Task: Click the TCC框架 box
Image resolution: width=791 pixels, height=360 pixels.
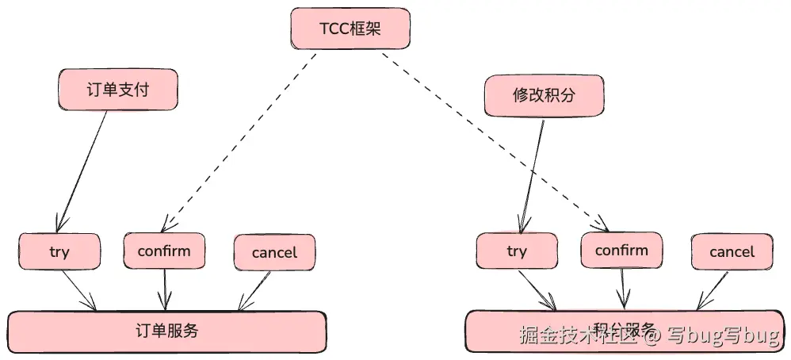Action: click(x=350, y=30)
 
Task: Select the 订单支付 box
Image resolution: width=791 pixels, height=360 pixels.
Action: click(x=117, y=90)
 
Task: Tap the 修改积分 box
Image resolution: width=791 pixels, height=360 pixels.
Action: click(x=544, y=97)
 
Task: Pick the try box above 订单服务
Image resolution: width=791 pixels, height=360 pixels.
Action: click(x=59, y=252)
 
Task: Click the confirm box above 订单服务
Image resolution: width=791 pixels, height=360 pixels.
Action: click(x=164, y=251)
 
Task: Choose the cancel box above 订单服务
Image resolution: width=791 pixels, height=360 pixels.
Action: click(x=274, y=253)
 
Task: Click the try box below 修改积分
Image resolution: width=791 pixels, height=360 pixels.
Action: click(x=516, y=251)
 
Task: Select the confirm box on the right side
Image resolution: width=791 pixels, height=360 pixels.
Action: click(x=621, y=251)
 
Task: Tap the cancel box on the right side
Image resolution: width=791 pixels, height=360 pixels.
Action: click(x=732, y=251)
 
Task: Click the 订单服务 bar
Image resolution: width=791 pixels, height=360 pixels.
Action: click(x=166, y=331)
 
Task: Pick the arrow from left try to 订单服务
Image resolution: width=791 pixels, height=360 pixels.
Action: click(x=79, y=289)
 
